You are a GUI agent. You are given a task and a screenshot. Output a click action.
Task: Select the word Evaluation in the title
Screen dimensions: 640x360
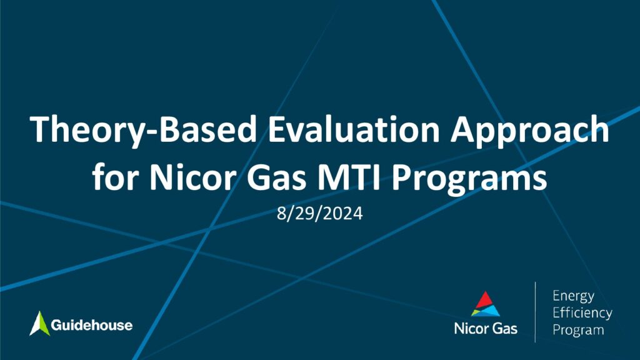point(354,129)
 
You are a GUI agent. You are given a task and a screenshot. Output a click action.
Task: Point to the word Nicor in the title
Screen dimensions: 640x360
point(194,177)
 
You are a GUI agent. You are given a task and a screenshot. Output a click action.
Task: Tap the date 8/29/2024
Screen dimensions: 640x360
point(319,214)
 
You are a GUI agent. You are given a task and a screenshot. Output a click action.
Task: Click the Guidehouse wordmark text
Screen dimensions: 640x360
point(92,325)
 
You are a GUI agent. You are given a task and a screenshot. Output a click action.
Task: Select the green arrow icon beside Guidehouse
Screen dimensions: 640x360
point(39,324)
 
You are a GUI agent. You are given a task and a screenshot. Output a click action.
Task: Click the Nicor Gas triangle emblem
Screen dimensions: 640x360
point(485,304)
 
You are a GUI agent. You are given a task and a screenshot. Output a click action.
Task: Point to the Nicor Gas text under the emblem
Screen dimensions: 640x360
point(486,329)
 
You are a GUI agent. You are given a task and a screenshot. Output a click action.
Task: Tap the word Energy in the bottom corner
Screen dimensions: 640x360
point(574,296)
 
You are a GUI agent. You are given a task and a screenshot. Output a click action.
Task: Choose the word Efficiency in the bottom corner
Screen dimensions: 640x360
point(582,313)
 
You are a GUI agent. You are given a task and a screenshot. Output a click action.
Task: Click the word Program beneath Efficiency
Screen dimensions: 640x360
point(578,330)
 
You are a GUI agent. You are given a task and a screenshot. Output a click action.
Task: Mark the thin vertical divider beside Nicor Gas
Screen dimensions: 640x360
point(535,312)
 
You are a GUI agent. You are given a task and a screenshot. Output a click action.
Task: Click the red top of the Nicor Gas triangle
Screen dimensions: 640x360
point(485,299)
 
